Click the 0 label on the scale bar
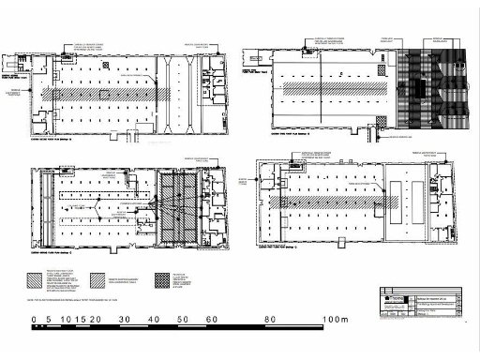35,320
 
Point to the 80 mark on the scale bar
271,320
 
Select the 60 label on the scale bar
212,320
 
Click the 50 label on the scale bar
182,320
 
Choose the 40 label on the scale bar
153,320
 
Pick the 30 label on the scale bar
123,320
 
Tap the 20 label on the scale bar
94,320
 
